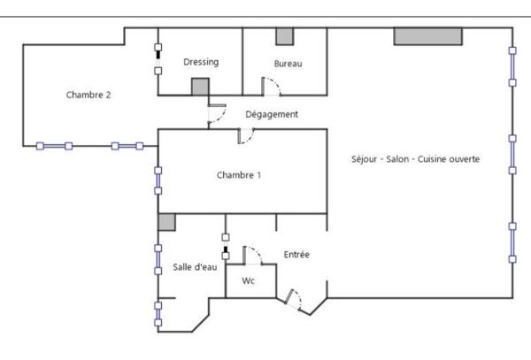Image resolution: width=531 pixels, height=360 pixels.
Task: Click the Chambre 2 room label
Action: pyautogui.click(x=88, y=95)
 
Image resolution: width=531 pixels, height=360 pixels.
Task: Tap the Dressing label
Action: pyautogui.click(x=201, y=62)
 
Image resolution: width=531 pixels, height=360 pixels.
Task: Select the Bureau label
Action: pyautogui.click(x=288, y=64)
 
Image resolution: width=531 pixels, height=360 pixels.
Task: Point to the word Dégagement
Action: pyautogui.click(x=272, y=114)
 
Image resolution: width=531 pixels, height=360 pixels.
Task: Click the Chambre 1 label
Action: pyautogui.click(x=239, y=175)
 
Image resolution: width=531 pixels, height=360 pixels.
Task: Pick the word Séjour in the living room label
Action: pyautogui.click(x=364, y=159)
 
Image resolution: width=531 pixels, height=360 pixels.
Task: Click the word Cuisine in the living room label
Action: pyautogui.click(x=432, y=159)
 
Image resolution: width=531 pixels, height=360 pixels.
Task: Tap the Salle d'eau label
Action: pyautogui.click(x=195, y=267)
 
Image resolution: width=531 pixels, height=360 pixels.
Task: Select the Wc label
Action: pyautogui.click(x=248, y=280)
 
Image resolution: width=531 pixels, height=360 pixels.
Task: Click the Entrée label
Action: pyautogui.click(x=296, y=255)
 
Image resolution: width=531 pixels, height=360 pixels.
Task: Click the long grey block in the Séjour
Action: pyautogui.click(x=428, y=36)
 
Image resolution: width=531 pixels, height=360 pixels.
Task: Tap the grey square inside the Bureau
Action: pyautogui.click(x=285, y=36)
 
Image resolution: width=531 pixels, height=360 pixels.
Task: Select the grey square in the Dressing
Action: pyautogui.click(x=201, y=87)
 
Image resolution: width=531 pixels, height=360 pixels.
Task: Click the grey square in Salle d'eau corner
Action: pyautogui.click(x=166, y=222)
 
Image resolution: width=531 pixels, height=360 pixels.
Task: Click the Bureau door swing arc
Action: pyautogui.click(x=272, y=87)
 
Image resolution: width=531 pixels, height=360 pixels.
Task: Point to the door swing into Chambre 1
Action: pyautogui.click(x=246, y=136)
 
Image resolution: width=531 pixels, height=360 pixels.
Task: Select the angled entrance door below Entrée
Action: pyautogui.click(x=293, y=300)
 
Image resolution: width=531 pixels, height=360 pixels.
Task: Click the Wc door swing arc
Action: pyautogui.click(x=252, y=256)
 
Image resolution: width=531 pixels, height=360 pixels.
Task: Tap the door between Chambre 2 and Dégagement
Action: pyautogui.click(x=217, y=114)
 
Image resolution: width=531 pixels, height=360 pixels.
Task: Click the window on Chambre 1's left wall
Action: pyautogui.click(x=158, y=180)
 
